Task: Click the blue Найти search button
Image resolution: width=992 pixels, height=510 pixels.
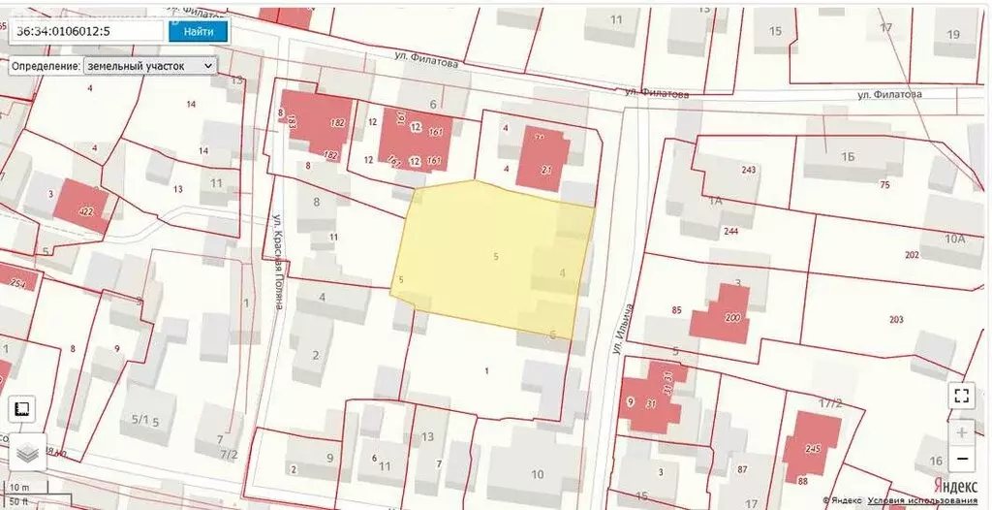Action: click(x=198, y=31)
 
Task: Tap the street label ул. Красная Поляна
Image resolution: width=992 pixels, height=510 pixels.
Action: click(x=277, y=261)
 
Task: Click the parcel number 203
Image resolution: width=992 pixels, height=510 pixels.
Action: click(x=895, y=319)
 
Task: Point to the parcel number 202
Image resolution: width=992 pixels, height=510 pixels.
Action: click(x=911, y=255)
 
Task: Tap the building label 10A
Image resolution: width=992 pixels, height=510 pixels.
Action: click(x=954, y=238)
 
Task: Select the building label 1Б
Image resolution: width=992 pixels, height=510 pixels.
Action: click(x=849, y=156)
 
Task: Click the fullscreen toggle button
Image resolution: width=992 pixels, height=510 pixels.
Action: click(x=961, y=395)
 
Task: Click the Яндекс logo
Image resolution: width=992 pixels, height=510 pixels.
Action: click(x=954, y=486)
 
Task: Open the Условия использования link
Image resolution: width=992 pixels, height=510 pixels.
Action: click(x=922, y=501)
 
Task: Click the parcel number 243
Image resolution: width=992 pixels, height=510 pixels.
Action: click(x=748, y=170)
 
